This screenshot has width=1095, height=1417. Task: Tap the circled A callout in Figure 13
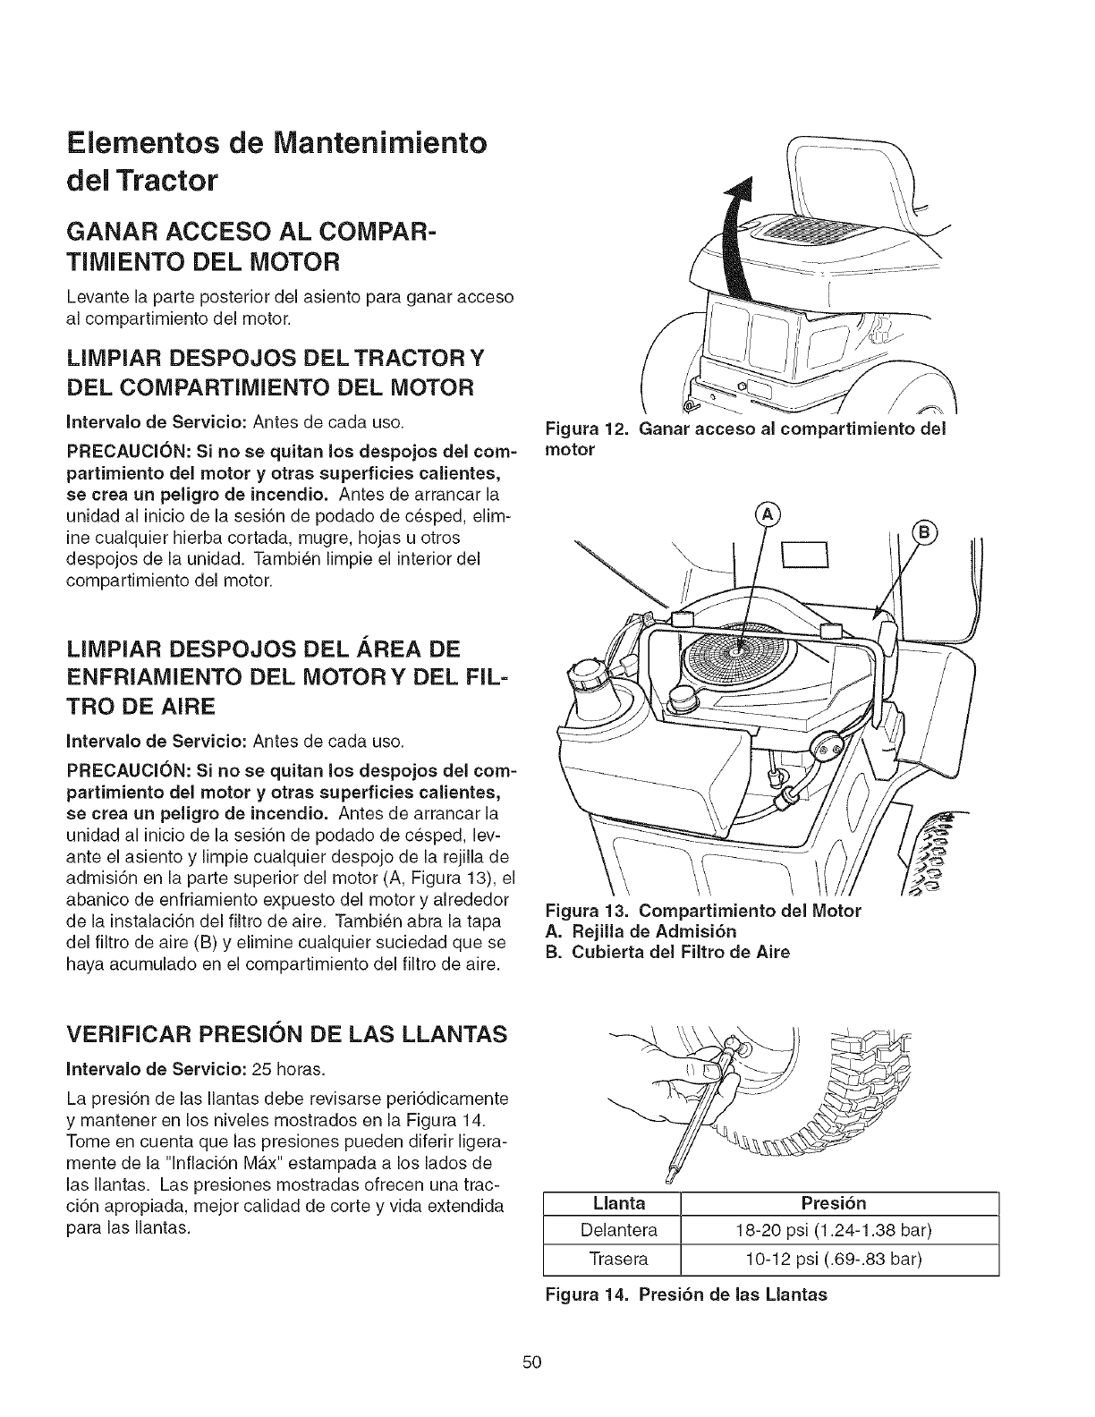767,514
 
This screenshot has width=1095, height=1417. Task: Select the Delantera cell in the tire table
618,1230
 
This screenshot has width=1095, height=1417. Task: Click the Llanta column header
620,1202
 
